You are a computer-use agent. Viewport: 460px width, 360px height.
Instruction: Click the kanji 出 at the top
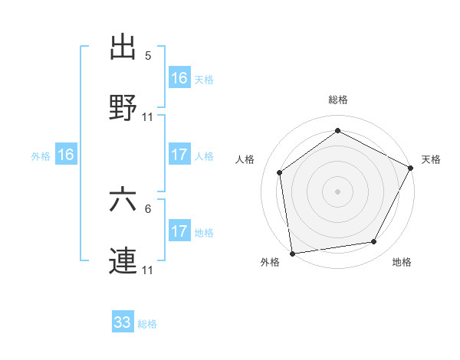tap(123, 46)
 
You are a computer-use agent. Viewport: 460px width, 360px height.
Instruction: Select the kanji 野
tap(123, 108)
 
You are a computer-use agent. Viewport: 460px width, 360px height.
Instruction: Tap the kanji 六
tap(123, 200)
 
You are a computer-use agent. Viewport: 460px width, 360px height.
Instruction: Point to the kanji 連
tap(123, 261)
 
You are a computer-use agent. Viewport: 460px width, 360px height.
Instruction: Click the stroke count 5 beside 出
tap(148, 55)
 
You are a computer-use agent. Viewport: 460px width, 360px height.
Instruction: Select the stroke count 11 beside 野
tap(148, 117)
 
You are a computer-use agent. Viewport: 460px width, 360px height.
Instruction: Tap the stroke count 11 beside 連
tap(148, 270)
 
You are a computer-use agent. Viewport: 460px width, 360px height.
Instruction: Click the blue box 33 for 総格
tap(123, 322)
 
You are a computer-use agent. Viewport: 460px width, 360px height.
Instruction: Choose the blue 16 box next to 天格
tap(179, 78)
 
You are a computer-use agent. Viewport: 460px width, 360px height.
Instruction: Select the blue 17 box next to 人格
tap(179, 155)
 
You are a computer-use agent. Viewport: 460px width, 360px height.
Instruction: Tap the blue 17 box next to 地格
tap(179, 231)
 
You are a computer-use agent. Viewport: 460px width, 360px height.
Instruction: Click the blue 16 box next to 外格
tap(66, 155)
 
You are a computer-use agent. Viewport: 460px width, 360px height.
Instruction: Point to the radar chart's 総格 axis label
tap(338, 100)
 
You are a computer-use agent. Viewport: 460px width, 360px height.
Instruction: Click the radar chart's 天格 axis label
tap(431, 159)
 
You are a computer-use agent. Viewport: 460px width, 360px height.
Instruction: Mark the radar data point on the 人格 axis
tap(280, 172)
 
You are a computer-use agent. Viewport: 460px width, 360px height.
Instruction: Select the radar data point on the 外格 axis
tap(292, 253)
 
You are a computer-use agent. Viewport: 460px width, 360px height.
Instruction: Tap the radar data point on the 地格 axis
tap(374, 242)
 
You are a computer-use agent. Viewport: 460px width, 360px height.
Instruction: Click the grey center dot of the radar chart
tap(337, 191)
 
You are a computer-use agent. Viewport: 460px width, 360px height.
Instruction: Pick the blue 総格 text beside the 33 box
tap(147, 324)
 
